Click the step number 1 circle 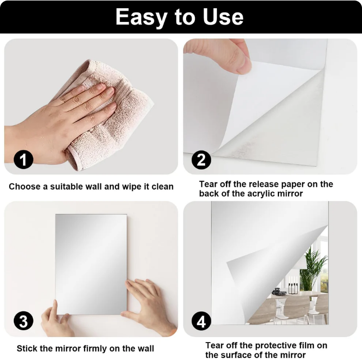[x=23, y=160]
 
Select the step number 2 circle [x=202, y=160]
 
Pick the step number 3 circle [x=23, y=321]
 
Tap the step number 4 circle [x=202, y=322]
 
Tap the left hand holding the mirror [x=54, y=320]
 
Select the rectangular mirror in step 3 [x=91, y=256]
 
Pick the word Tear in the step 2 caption [x=209, y=184]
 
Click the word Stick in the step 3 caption [x=27, y=349]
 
